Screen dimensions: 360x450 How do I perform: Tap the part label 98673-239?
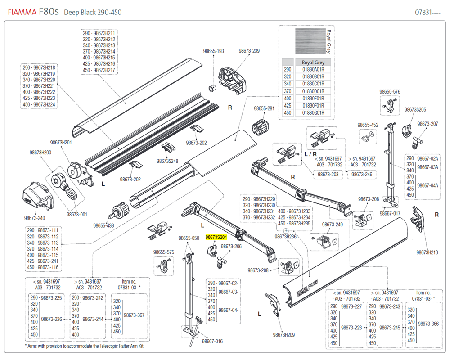[249, 51]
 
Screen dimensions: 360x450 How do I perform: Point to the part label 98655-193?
[213, 51]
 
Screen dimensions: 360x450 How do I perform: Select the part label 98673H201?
[61, 142]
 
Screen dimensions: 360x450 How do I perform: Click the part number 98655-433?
[103, 225]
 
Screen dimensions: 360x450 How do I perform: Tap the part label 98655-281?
[264, 108]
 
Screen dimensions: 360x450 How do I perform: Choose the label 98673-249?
[332, 225]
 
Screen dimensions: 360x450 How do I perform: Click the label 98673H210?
[427, 252]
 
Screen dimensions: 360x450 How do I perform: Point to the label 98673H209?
[283, 335]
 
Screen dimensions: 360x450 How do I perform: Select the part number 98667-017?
[390, 214]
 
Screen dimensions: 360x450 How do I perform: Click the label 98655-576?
[390, 92]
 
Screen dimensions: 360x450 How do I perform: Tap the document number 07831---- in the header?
[427, 12]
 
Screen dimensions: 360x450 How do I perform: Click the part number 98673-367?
[134, 315]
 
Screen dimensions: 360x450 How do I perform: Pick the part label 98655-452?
[368, 125]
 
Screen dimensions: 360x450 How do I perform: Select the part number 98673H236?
[285, 237]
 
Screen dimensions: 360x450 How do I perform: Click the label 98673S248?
[167, 161]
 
